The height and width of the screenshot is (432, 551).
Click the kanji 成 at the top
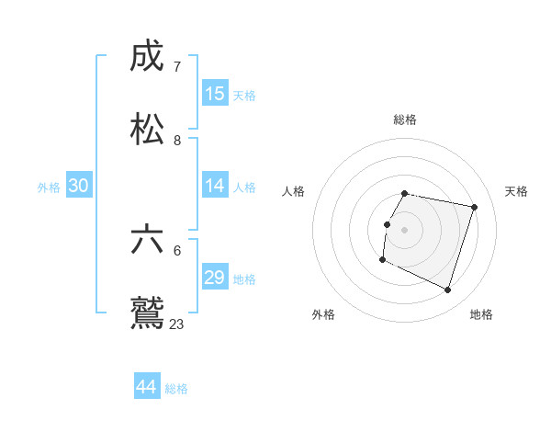click(148, 57)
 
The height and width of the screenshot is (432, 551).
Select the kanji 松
click(148, 130)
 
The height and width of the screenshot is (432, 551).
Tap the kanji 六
click(148, 240)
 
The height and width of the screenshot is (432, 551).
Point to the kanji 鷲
click(148, 313)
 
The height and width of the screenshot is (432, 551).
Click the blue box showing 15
click(215, 94)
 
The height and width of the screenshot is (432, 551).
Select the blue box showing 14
click(215, 186)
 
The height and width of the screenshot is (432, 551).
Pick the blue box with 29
click(215, 278)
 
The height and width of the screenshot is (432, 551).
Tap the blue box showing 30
click(79, 186)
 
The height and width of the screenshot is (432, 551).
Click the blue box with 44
click(147, 386)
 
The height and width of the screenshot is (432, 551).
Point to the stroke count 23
click(177, 324)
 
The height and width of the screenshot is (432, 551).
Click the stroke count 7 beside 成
click(177, 67)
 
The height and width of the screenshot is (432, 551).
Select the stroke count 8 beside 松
click(177, 141)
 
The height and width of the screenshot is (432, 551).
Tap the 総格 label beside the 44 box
click(176, 389)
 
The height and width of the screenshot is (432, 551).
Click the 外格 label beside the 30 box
click(49, 188)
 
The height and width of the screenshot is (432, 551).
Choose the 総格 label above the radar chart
click(405, 119)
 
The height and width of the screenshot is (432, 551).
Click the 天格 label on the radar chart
click(517, 191)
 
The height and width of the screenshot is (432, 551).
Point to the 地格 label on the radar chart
click(481, 314)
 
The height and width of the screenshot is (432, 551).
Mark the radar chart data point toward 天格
click(474, 208)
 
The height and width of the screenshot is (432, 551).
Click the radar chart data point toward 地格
click(447, 290)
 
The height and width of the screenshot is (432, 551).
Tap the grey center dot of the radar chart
click(404, 230)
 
